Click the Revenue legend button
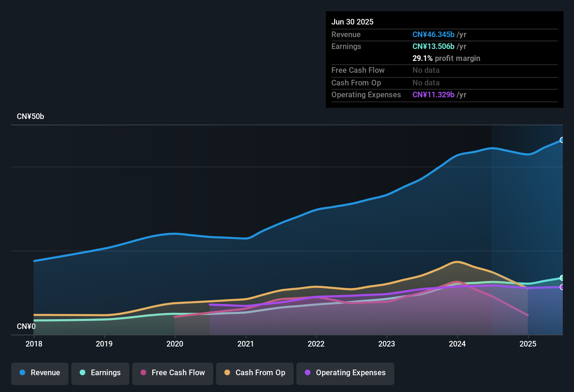point(40,373)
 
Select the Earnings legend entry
point(100,373)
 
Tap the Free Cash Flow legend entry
point(173,373)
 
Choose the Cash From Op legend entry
point(255,373)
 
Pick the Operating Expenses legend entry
point(345,373)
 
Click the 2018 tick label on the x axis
point(34,344)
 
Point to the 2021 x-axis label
point(245,344)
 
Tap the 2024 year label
point(457,344)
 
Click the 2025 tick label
point(528,344)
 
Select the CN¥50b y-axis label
point(30,117)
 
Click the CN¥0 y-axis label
point(26,326)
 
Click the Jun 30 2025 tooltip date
point(352,22)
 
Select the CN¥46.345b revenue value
point(433,35)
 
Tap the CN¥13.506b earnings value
point(433,47)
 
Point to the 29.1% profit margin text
point(446,58)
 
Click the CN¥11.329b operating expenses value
point(433,95)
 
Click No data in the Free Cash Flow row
point(426,70)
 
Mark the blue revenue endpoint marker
point(562,140)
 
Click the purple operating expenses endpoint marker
point(562,287)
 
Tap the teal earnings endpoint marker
point(562,278)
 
